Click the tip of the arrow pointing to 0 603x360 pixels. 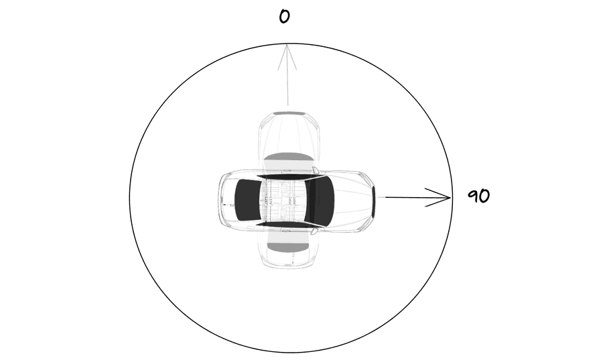tap(287, 45)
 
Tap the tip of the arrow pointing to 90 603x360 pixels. tap(451, 198)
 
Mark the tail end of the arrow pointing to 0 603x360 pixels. tap(288, 105)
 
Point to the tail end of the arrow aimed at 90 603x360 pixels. tap(385, 197)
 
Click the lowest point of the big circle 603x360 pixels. tap(291, 353)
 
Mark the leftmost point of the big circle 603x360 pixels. tap(129, 198)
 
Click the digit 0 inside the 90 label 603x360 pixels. tap(484, 196)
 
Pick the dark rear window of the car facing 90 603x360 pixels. tap(247, 200)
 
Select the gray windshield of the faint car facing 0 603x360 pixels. tap(288, 157)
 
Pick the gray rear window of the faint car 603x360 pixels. tap(288, 247)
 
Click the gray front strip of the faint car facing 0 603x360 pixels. tap(289, 113)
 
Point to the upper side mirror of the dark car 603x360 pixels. tap(316, 170)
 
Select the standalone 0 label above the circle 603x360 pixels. tap(284, 17)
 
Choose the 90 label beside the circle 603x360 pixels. tap(479, 196)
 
